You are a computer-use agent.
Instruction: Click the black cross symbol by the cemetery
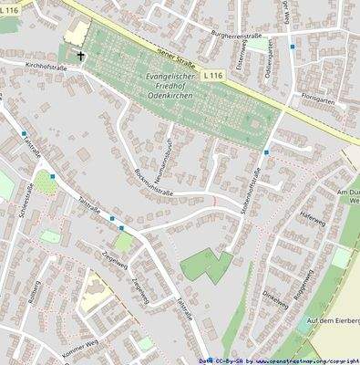[80, 57]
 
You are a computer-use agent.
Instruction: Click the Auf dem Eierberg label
[334, 321]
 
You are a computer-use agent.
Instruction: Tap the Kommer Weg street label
[52, 350]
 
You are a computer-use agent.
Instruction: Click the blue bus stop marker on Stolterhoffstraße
[267, 151]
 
